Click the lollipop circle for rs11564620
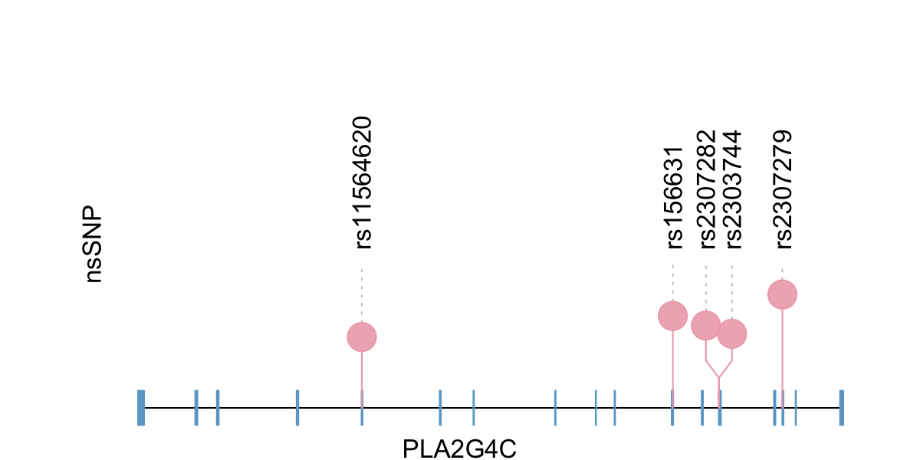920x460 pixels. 362,337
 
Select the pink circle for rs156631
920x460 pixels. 672,316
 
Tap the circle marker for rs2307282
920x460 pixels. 706,325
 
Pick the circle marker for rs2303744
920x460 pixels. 732,333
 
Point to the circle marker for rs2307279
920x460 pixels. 782,294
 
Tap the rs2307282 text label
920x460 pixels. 708,189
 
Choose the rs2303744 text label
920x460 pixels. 734,189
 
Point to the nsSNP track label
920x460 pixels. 94,244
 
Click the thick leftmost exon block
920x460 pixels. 141,408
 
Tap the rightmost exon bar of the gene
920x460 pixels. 841,408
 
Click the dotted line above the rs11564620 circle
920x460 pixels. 362,295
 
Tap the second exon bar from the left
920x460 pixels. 196,408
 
